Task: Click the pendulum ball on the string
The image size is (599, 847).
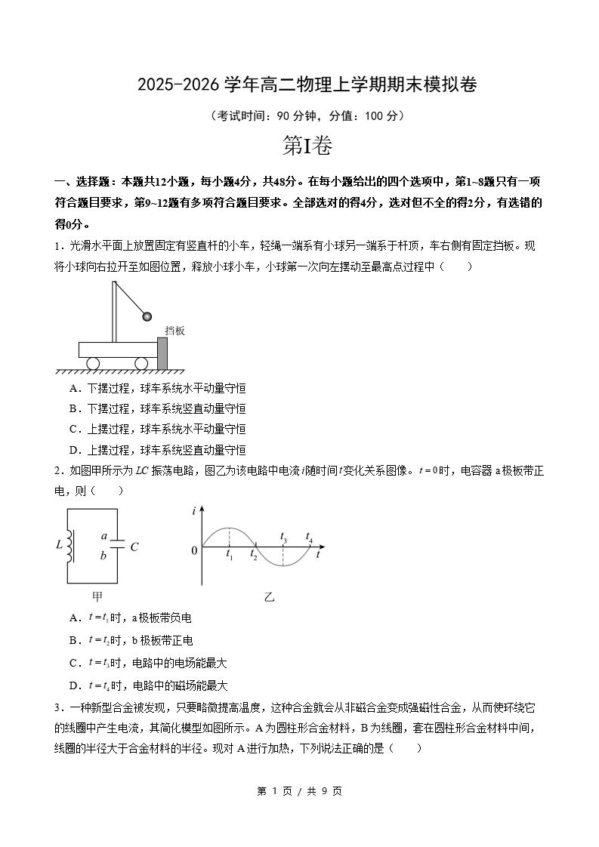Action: tap(168, 317)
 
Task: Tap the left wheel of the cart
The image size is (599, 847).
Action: tap(93, 363)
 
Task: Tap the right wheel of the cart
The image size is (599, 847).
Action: tap(141, 363)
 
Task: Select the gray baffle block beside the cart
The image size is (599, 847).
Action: tap(162, 353)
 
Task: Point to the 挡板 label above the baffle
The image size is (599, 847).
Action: tap(174, 331)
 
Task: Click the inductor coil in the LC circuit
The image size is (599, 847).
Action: tap(71, 546)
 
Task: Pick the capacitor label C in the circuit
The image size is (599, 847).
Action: tap(134, 547)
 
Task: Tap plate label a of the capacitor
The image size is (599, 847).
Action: tap(103, 536)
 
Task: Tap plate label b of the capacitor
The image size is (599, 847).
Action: tap(103, 556)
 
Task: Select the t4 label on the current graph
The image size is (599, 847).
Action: tap(309, 536)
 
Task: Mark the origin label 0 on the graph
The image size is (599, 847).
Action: tap(194, 550)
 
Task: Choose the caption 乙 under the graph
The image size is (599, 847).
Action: tap(269, 596)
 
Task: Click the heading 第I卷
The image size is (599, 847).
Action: tap(307, 146)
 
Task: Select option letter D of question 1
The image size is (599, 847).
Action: tap(74, 450)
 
